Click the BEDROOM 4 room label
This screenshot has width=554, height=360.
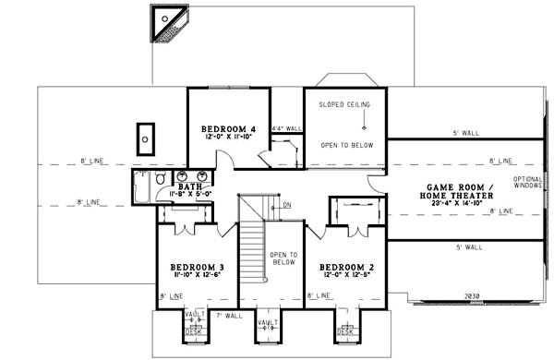[228, 127]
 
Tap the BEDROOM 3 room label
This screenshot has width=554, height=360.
[196, 268]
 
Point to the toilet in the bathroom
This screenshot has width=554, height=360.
[160, 178]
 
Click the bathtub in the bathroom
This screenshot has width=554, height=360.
[140, 186]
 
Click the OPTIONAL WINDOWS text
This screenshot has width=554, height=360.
[528, 183]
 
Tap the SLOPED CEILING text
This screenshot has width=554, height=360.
[344, 104]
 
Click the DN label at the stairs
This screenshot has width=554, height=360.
[287, 205]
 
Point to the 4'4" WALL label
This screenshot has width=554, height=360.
[286, 128]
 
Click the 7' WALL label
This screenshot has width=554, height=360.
[228, 317]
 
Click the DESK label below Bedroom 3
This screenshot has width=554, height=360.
[191, 331]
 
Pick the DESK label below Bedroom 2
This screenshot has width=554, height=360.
[344, 331]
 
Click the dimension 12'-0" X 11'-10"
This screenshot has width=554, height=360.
[228, 137]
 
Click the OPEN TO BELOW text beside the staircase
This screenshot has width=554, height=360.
[283, 258]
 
